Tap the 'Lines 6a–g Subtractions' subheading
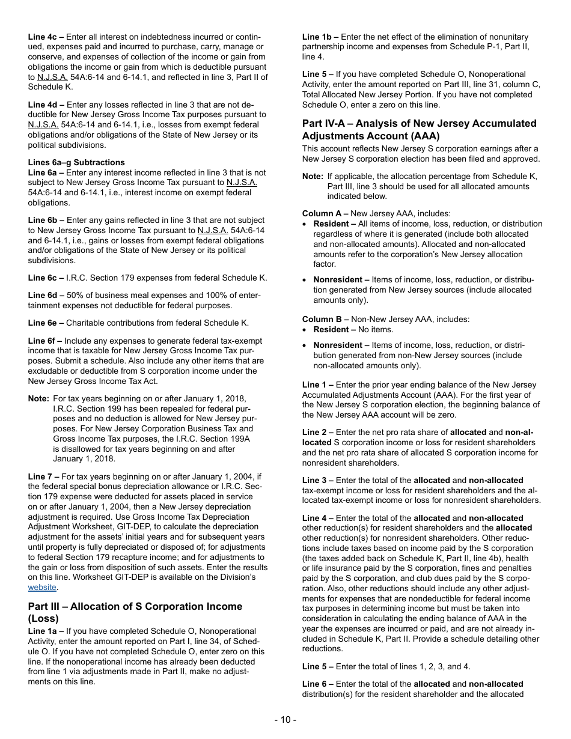pyautogui.click(x=76, y=162)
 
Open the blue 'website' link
pyautogui.click(x=42, y=587)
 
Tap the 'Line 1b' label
pyautogui.click(x=317, y=37)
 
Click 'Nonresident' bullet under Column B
pyautogui.click(x=338, y=345)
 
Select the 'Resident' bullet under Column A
pyautogui.click(x=331, y=224)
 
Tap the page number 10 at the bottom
pyautogui.click(x=285, y=720)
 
